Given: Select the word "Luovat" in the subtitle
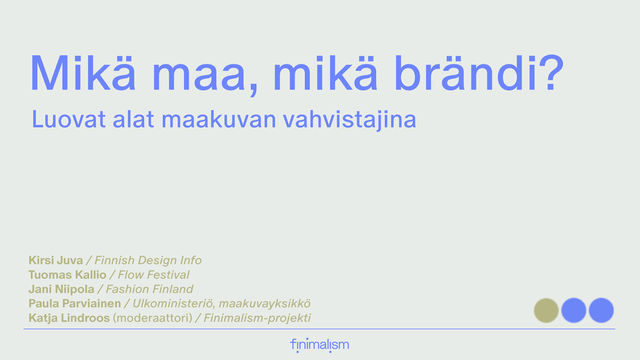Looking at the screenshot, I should pyautogui.click(x=64, y=120).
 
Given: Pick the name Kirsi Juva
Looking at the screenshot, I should pyautogui.click(x=57, y=260).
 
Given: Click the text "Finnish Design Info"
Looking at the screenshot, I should pyautogui.click(x=148, y=260).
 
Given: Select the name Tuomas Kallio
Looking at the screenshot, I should pyautogui.click(x=67, y=274).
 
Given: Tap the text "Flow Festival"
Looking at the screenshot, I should pyautogui.click(x=149, y=274).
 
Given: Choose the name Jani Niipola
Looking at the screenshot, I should pyautogui.click(x=61, y=289).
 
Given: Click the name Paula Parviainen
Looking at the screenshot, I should pyautogui.click(x=73, y=303).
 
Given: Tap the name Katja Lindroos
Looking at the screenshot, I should pyautogui.click(x=69, y=318).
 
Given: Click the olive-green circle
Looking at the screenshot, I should pyautogui.click(x=546, y=310).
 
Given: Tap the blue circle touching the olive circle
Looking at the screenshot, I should pyautogui.click(x=574, y=310).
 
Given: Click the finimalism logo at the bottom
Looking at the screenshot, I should pyautogui.click(x=319, y=345).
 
